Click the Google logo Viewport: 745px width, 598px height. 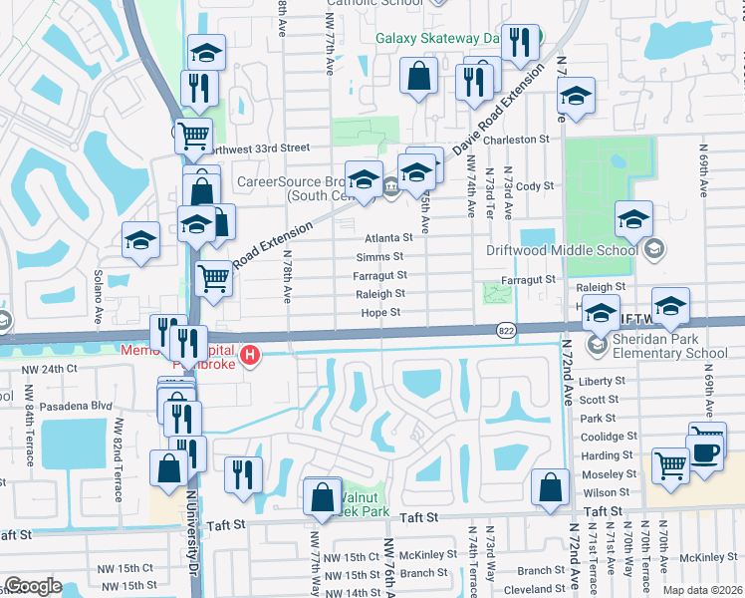[33, 586]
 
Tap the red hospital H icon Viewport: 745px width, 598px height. [253, 355]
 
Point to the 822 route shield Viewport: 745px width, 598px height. [506, 329]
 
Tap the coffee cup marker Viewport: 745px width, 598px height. [707, 450]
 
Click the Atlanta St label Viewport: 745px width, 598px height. [387, 238]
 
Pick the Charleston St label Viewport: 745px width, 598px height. [517, 141]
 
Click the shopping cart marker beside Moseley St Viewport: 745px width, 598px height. [671, 464]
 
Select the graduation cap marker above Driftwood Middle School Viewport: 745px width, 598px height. [633, 220]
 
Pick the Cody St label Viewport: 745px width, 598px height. [535, 186]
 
